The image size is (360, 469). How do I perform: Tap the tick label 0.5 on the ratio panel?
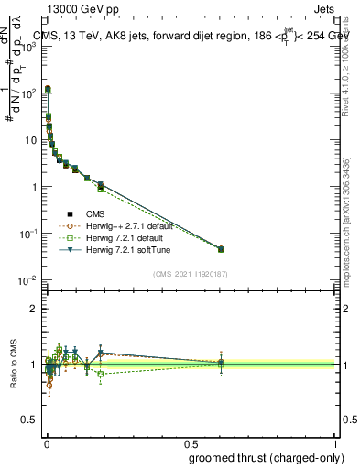[31, 420]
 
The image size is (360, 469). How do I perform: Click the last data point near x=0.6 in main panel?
[221, 248]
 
